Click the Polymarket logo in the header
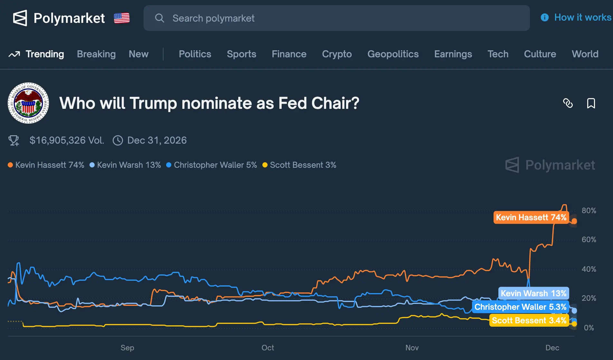tap(59, 18)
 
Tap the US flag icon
tap(122, 18)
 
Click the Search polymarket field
tap(336, 18)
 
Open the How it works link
tap(576, 17)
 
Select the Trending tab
tap(36, 54)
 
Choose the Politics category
tap(195, 54)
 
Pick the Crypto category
tap(337, 54)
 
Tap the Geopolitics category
tap(393, 54)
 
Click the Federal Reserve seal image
tap(28, 103)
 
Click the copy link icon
tap(568, 103)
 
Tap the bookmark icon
tap(591, 103)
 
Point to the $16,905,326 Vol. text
tap(67, 140)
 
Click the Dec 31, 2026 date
tap(157, 140)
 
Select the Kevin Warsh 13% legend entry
tap(125, 165)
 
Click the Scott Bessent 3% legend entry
tap(299, 165)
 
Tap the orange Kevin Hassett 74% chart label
tap(531, 217)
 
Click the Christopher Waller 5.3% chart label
tap(520, 307)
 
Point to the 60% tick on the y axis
tap(589, 240)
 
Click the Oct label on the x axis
tap(268, 348)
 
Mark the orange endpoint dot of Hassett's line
tap(574, 221)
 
